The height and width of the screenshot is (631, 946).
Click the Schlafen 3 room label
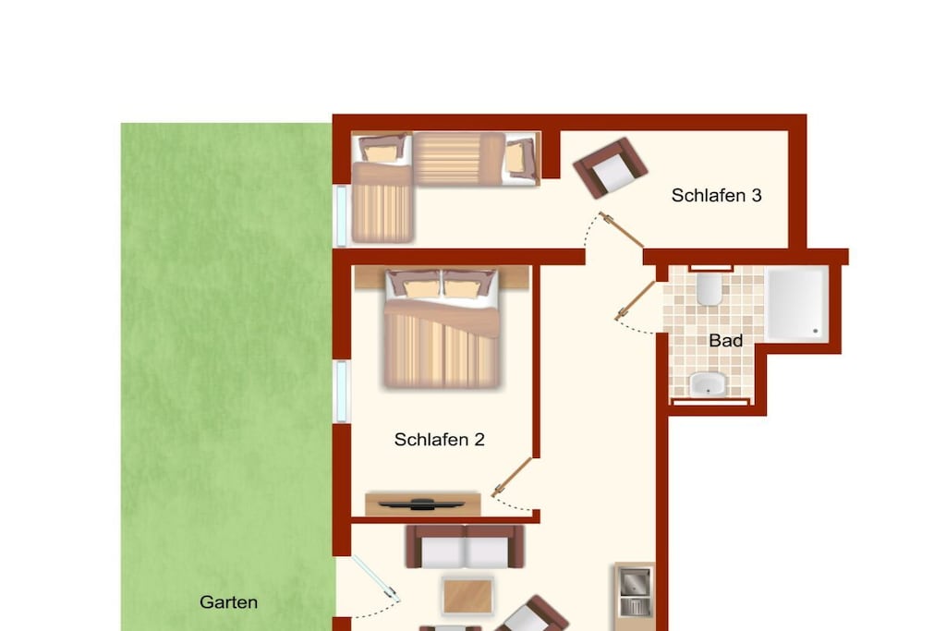716,196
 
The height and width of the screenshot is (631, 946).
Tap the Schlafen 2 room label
439,439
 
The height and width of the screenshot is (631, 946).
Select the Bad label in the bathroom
725,341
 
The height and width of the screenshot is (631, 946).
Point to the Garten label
229,602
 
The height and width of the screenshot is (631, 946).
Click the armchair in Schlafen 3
610,168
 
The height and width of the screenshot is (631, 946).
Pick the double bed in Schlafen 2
442,328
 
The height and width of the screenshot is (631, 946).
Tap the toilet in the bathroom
709,289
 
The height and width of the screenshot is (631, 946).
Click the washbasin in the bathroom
708,384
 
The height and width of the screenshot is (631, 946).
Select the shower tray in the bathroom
796,304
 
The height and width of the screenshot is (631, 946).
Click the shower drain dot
815,331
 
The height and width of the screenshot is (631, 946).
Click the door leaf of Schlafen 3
622,230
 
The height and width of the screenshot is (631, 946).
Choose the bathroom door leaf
636,300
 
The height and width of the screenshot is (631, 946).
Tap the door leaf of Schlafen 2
512,477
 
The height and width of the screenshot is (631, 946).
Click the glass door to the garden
375,578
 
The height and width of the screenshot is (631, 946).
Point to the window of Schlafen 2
342,392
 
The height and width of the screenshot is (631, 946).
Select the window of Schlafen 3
342,216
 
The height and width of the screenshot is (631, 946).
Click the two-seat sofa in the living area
465,547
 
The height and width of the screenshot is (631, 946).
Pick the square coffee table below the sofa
467,596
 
